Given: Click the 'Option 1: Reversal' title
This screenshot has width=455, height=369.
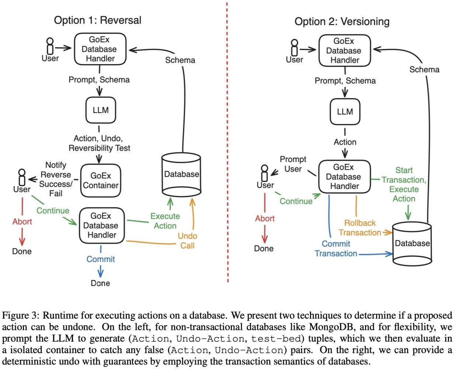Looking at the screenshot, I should (x=97, y=20).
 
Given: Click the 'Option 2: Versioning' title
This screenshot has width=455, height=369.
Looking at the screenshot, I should (x=342, y=21).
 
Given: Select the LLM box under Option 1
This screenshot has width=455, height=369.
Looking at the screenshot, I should (x=101, y=110).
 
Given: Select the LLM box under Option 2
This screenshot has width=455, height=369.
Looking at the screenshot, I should (x=345, y=111).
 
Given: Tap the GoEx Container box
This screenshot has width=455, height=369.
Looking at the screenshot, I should (x=100, y=180).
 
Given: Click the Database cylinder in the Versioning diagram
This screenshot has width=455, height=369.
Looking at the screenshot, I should (x=412, y=243).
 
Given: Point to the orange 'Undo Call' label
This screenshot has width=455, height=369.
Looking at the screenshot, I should (x=187, y=241).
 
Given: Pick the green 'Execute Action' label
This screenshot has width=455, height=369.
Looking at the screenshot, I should (x=165, y=221).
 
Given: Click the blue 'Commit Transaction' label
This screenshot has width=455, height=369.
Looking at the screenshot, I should (x=336, y=249).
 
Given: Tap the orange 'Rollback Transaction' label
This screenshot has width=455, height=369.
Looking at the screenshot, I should (x=360, y=228).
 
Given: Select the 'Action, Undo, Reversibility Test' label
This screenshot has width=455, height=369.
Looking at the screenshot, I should (x=99, y=143).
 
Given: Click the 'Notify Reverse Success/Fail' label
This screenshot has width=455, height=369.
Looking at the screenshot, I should (x=56, y=179).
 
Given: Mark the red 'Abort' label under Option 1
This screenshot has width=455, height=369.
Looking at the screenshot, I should (x=22, y=221).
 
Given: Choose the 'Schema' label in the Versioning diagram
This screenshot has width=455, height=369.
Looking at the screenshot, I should (x=424, y=69).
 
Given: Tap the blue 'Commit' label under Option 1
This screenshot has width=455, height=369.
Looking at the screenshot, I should (x=100, y=259).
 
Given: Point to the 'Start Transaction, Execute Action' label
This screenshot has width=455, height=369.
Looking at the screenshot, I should (x=404, y=184).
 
